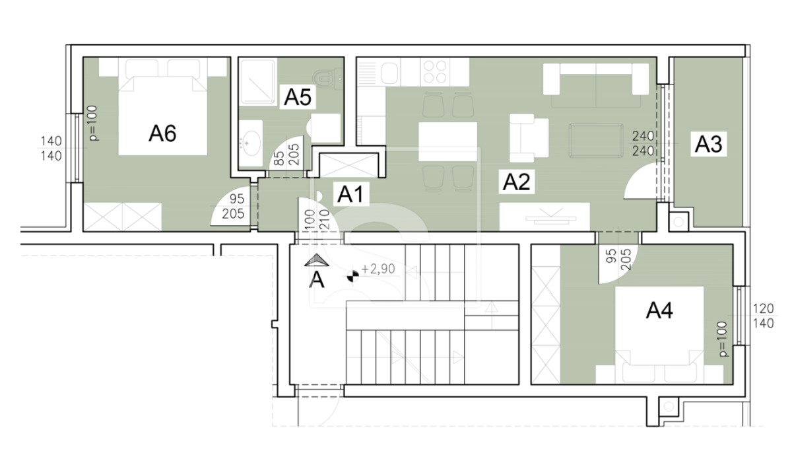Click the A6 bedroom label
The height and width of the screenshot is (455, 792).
pos(162,134)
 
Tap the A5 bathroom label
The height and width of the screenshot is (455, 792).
pos(298,97)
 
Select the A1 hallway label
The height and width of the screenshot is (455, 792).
pos(350,194)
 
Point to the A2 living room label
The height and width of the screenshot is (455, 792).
pos(517,182)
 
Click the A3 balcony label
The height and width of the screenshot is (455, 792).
pos(709,145)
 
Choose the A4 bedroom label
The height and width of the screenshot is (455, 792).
pos(659,311)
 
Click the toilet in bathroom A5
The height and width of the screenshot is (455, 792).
pos(328,79)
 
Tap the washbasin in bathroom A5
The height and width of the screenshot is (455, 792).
pos(251,143)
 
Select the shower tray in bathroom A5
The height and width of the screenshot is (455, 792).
pos(258,82)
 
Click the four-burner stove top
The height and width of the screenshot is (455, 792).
pos(435,71)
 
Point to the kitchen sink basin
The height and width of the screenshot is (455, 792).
pos(389,73)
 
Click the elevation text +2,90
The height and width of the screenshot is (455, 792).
pos(378,269)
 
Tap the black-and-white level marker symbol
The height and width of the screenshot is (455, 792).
pos(352,276)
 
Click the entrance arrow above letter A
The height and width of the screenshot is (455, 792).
pos(317,260)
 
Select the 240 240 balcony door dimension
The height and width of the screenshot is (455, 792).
pos(643,143)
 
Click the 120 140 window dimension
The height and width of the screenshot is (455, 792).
pos(764,316)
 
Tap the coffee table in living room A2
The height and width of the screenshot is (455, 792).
pos(596,141)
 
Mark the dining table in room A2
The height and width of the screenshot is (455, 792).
pos(448,141)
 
